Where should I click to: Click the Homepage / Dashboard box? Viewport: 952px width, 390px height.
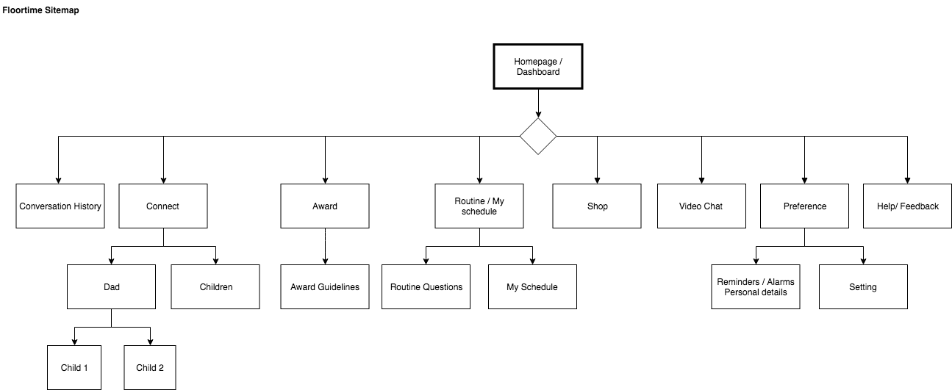tap(537, 66)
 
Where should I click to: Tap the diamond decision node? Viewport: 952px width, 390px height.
tap(538, 136)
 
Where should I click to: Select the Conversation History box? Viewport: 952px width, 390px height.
tap(60, 206)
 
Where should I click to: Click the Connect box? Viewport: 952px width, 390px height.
tap(163, 206)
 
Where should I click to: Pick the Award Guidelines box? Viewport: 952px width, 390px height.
tap(325, 286)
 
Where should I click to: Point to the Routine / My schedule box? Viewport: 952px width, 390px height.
tap(479, 206)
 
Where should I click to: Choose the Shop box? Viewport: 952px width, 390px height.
tap(597, 206)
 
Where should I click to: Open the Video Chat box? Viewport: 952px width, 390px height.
tap(701, 206)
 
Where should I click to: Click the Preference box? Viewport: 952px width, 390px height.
tap(804, 206)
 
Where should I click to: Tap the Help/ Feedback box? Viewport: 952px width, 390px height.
tap(907, 206)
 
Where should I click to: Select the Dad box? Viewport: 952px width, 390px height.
tap(111, 286)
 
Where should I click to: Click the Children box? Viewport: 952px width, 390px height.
tap(215, 286)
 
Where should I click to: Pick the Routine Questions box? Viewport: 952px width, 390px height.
tap(426, 286)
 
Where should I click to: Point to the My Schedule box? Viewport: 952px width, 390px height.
tap(532, 286)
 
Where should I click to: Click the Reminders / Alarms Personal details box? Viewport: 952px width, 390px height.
tap(756, 286)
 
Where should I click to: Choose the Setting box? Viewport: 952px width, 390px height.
tap(863, 286)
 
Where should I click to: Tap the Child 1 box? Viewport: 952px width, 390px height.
tap(74, 367)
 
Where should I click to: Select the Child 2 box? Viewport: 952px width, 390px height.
tap(150, 367)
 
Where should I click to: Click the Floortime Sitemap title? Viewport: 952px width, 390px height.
tap(41, 10)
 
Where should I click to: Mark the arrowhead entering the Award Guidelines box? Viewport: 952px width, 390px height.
tap(325, 261)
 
